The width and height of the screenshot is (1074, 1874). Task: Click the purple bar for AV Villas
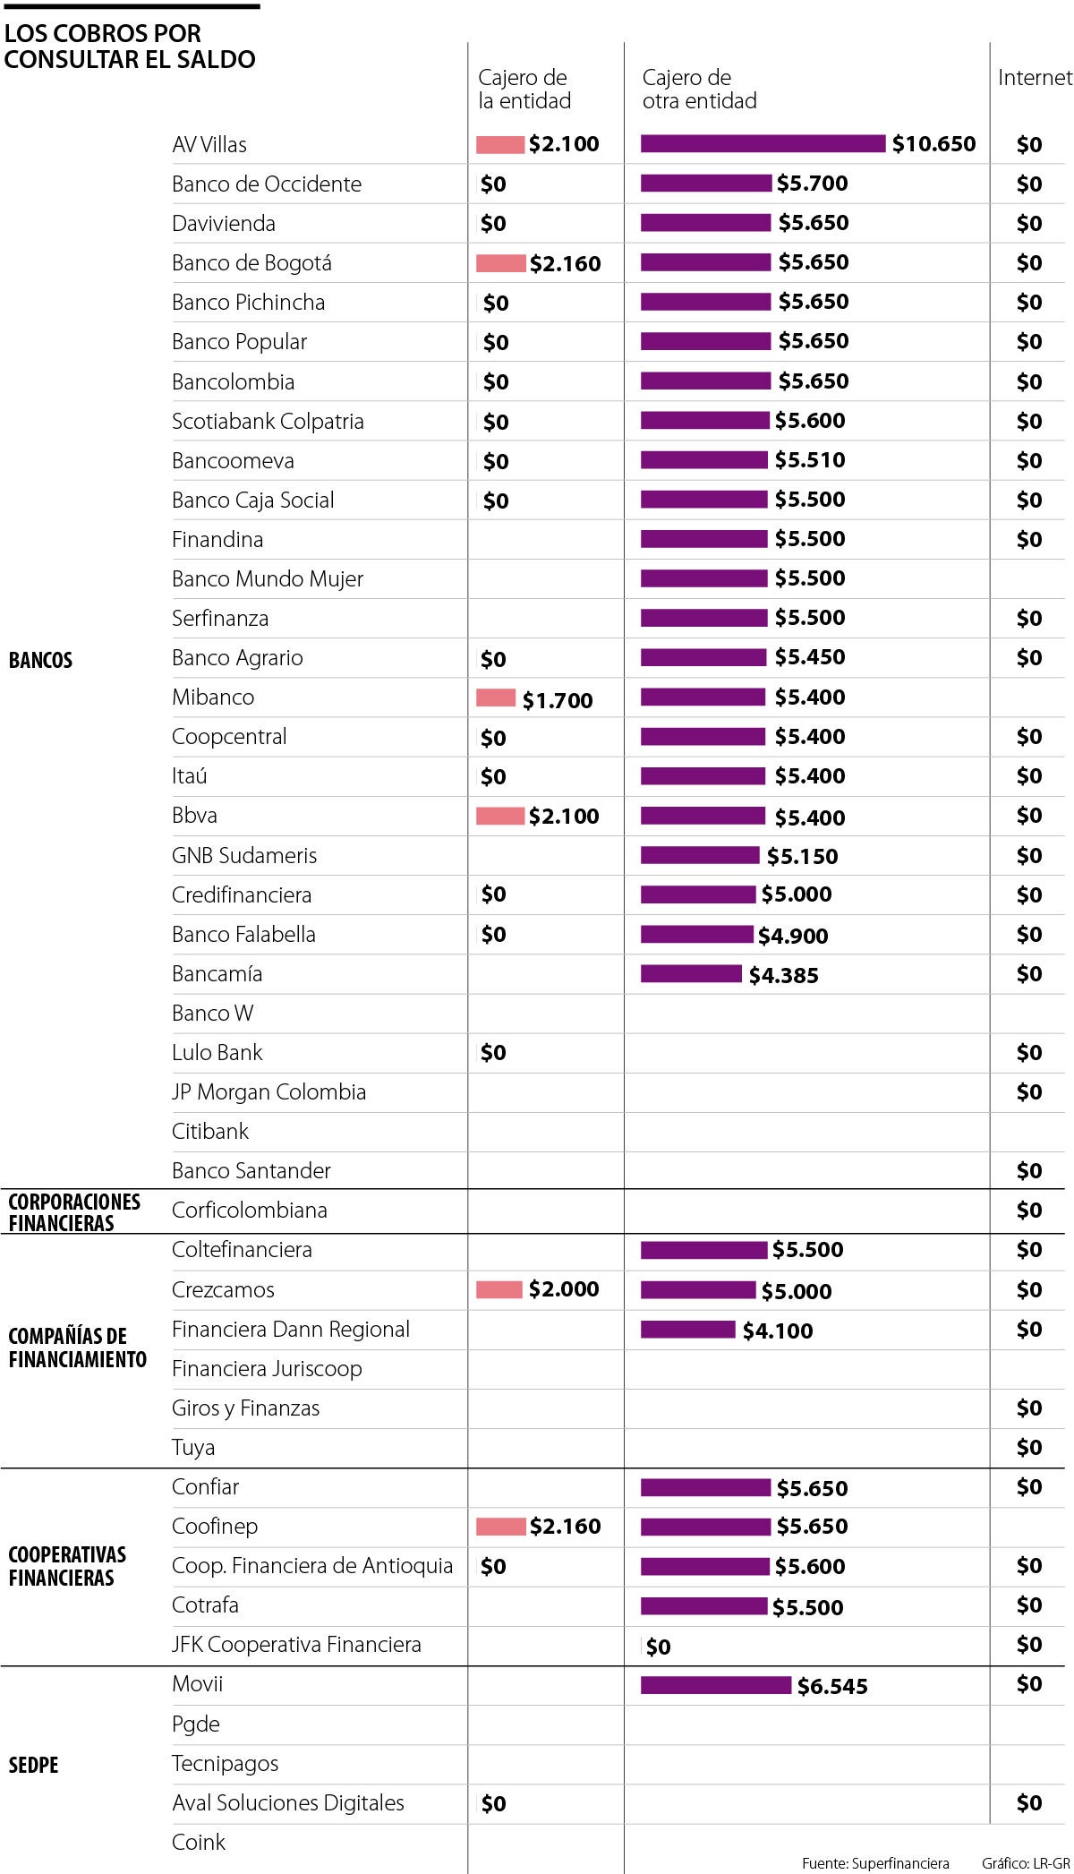click(763, 144)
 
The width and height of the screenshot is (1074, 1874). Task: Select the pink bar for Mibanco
click(496, 698)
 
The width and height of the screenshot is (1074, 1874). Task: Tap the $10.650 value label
click(933, 144)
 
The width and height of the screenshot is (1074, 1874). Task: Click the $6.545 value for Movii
click(832, 1686)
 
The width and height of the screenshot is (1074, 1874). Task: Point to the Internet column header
click(1035, 78)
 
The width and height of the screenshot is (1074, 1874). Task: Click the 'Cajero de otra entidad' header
click(699, 90)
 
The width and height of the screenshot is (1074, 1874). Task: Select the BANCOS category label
click(40, 661)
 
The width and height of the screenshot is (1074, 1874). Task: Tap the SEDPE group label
click(33, 1765)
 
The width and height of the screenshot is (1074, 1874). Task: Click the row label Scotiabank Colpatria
click(268, 421)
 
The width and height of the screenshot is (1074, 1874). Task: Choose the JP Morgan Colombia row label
click(268, 1091)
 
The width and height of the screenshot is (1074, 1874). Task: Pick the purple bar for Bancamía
click(691, 973)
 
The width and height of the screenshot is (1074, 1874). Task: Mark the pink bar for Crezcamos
click(499, 1289)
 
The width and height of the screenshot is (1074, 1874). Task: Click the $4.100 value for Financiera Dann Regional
click(778, 1331)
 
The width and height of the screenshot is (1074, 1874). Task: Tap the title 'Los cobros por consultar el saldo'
click(130, 47)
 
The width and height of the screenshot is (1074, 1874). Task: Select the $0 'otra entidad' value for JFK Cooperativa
click(658, 1647)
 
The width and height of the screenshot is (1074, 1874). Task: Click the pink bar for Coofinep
click(500, 1527)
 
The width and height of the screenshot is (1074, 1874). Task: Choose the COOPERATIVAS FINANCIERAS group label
click(67, 1566)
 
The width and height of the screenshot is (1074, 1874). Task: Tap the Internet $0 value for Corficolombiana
click(1029, 1211)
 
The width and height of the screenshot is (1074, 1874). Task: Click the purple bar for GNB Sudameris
click(700, 855)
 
